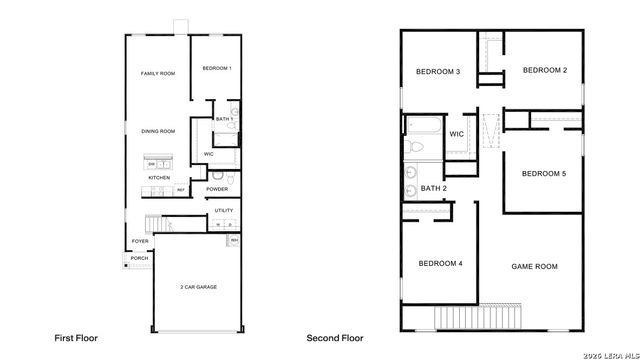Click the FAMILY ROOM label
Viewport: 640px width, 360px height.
coord(158,74)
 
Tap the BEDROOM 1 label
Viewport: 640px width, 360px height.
coord(216,68)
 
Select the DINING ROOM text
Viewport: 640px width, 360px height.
coord(158,131)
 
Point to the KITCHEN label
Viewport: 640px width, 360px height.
coord(159,177)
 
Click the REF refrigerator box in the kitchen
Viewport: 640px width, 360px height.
coord(181,189)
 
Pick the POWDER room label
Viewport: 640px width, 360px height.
coord(218,189)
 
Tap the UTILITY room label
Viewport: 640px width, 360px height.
coord(223,211)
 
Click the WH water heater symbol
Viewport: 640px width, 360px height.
coord(234,240)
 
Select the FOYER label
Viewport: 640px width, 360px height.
coord(140,241)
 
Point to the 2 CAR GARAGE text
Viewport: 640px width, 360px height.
coord(197,287)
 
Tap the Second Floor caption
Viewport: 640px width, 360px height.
coord(336,339)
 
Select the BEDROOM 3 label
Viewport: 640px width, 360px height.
coord(438,72)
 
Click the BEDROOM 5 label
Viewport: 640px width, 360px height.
coord(544,174)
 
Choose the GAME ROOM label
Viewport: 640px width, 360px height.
coord(534,266)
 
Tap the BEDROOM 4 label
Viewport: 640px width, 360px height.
coord(440,263)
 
